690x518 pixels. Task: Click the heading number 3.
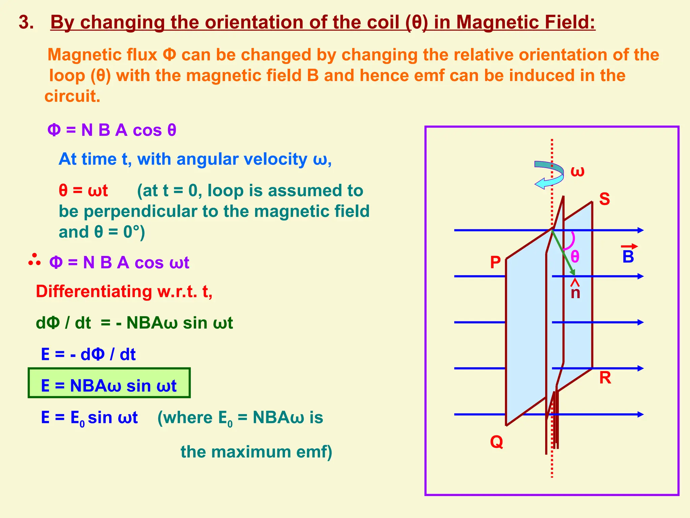[26, 22]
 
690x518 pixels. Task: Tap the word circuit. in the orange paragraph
[72, 96]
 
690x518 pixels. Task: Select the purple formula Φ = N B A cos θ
[112, 130]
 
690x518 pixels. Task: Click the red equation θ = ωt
[83, 191]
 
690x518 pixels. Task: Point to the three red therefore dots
[34, 260]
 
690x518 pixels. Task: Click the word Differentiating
[94, 291]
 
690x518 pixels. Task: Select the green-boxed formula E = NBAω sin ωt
[109, 385]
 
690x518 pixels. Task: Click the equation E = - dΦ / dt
[88, 354]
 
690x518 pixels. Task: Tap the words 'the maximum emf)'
[256, 452]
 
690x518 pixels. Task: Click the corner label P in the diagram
[495, 262]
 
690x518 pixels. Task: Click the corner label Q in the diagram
[497, 441]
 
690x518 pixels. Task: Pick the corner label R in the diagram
[605, 378]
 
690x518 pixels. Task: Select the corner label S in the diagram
[604, 199]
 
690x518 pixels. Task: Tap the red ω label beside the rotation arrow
[577, 171]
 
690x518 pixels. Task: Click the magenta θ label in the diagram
[575, 257]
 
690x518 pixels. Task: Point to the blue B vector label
[628, 256]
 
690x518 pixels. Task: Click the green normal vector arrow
[564, 252]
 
